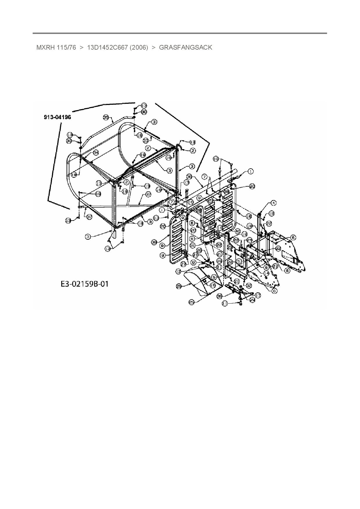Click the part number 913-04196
coord(57,117)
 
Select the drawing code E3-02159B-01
coord(84,284)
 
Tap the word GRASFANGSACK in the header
coord(186,47)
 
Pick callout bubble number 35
coord(106,118)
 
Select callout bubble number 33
coord(146,140)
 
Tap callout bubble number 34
coord(96,153)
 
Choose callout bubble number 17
coord(258,295)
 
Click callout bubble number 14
coord(266,273)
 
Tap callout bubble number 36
coord(189,177)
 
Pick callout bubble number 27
coord(183,264)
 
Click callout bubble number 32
coord(249,285)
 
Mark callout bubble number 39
coord(220,296)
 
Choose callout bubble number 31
coord(192,246)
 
